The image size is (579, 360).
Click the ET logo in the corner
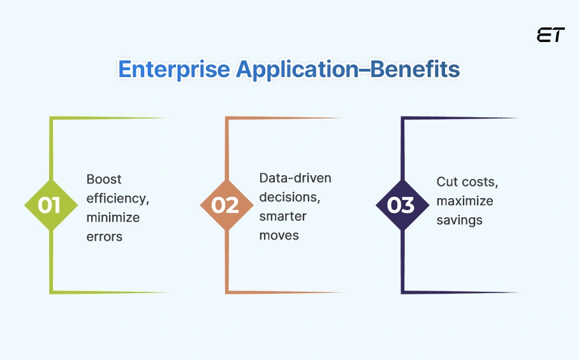point(550,36)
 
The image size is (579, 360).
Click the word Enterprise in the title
point(174,69)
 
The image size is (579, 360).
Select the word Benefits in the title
point(416,69)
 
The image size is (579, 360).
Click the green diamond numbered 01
point(49,205)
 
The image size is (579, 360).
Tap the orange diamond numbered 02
point(224,205)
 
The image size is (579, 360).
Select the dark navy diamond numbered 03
point(400,205)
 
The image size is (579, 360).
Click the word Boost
point(104,179)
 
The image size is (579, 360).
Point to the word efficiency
point(118,198)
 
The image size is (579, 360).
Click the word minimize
point(113,217)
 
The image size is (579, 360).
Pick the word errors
point(105,236)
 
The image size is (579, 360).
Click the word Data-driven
point(295,178)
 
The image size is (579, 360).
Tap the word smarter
point(282,216)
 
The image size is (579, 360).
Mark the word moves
point(279,235)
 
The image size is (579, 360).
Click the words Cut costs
point(467,182)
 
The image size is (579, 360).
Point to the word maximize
point(465,201)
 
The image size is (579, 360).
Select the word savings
point(459,220)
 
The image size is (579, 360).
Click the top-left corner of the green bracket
point(51,119)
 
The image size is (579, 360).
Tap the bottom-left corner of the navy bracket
point(402,292)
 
